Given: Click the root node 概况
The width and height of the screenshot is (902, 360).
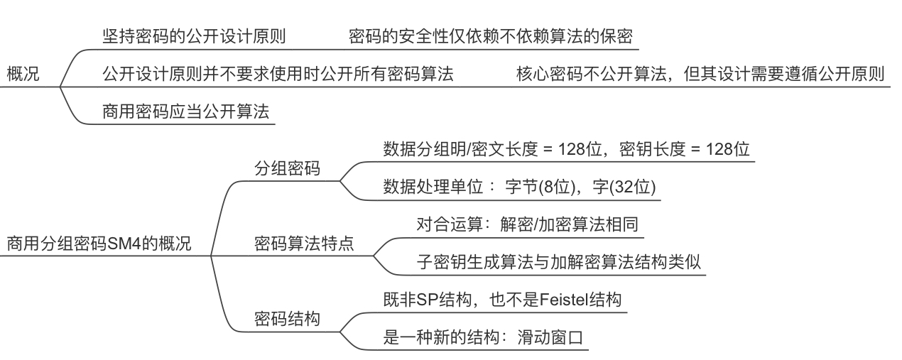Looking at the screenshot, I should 23,73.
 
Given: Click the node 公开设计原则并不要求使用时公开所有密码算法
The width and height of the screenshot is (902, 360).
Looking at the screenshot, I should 278,73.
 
